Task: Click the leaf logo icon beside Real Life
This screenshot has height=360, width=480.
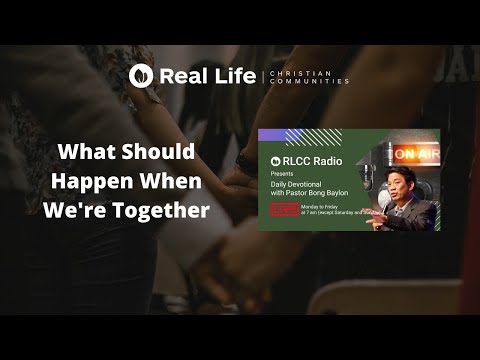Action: (x=141, y=75)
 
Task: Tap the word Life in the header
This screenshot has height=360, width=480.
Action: (x=232, y=75)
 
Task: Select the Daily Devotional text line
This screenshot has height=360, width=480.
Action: (x=300, y=183)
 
